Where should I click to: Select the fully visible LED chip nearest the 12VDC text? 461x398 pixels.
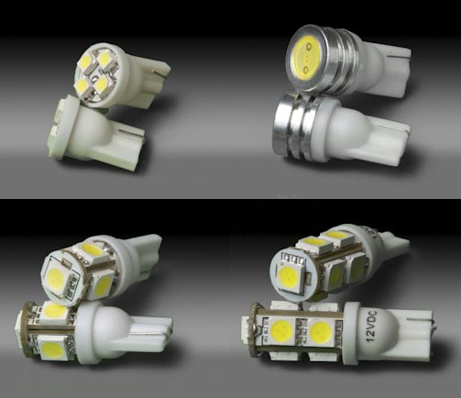pos(321,332)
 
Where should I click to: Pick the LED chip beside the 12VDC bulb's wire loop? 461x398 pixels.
pos(281,332)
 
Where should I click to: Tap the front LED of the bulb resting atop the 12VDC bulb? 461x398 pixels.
pos(288,273)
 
